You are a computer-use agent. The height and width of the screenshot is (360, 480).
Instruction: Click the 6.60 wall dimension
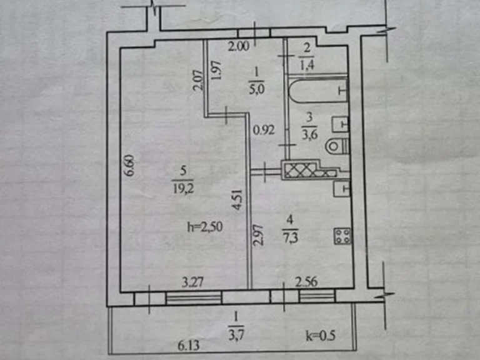point(130,166)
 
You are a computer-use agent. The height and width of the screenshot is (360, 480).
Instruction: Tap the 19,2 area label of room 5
point(183,189)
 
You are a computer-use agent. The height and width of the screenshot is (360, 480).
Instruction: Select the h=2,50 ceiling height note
point(205,227)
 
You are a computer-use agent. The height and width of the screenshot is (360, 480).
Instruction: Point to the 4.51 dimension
point(237,200)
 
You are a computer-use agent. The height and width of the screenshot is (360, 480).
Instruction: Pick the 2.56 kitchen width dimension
point(306,282)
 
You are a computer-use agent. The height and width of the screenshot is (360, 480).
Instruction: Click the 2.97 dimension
point(258,235)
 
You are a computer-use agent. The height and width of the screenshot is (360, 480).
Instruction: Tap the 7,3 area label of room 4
point(290,238)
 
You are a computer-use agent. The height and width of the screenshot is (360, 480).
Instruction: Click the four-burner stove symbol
point(342,236)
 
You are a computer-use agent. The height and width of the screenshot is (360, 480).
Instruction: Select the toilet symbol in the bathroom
point(337,146)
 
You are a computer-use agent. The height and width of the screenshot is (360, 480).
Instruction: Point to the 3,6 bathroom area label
point(309,134)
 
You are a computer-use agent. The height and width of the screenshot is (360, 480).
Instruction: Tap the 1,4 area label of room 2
point(307,65)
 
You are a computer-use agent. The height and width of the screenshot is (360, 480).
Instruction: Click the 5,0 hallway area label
point(256,90)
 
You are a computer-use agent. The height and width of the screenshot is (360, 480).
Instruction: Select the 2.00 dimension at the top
point(239,46)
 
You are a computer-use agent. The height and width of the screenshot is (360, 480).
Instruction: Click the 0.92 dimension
point(264,131)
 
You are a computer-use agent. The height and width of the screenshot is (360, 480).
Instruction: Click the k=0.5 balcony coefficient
point(321,336)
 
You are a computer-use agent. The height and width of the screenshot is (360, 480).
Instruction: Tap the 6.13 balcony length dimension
point(189,346)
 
